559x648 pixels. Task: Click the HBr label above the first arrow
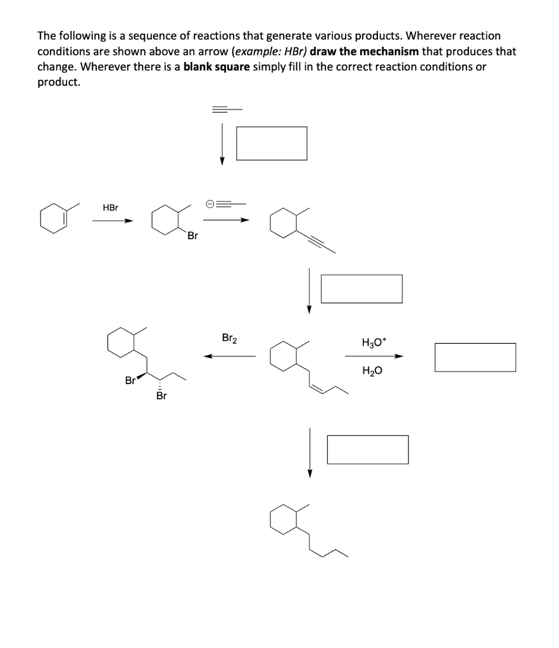pyautogui.click(x=110, y=208)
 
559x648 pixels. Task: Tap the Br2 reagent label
pyautogui.click(x=230, y=338)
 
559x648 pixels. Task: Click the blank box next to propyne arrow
pyautogui.click(x=271, y=143)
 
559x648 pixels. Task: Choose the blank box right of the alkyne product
pyautogui.click(x=361, y=289)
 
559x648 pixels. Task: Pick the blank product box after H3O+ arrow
pyautogui.click(x=475, y=357)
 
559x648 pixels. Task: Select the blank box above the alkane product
pyautogui.click(x=367, y=449)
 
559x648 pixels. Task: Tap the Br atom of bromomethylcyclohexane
pyautogui.click(x=192, y=236)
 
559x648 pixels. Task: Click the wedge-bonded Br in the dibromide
pyautogui.click(x=130, y=381)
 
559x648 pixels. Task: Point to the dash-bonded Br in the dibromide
pyautogui.click(x=161, y=396)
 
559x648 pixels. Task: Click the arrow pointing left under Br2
pyautogui.click(x=229, y=356)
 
